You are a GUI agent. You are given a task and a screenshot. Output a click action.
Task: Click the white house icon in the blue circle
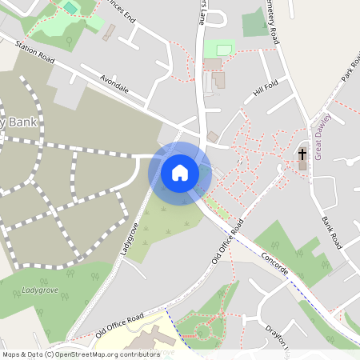[x=180, y=173]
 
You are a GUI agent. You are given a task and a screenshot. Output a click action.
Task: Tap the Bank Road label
[x=330, y=231]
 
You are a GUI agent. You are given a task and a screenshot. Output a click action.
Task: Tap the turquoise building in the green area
[x=70, y=8]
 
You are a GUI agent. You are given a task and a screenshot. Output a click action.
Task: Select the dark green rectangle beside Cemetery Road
[x=255, y=23]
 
